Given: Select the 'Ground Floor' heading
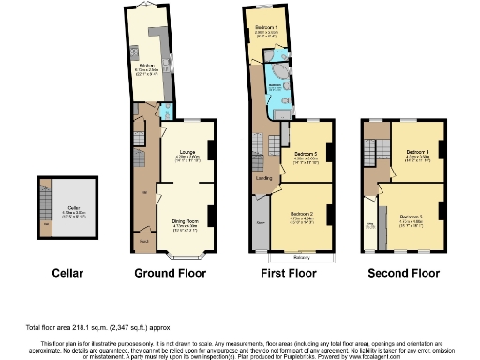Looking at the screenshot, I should (170, 274).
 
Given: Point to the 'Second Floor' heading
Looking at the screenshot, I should (403, 274).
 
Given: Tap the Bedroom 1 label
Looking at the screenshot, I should (265, 27).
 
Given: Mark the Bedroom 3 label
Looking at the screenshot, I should (412, 219).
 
